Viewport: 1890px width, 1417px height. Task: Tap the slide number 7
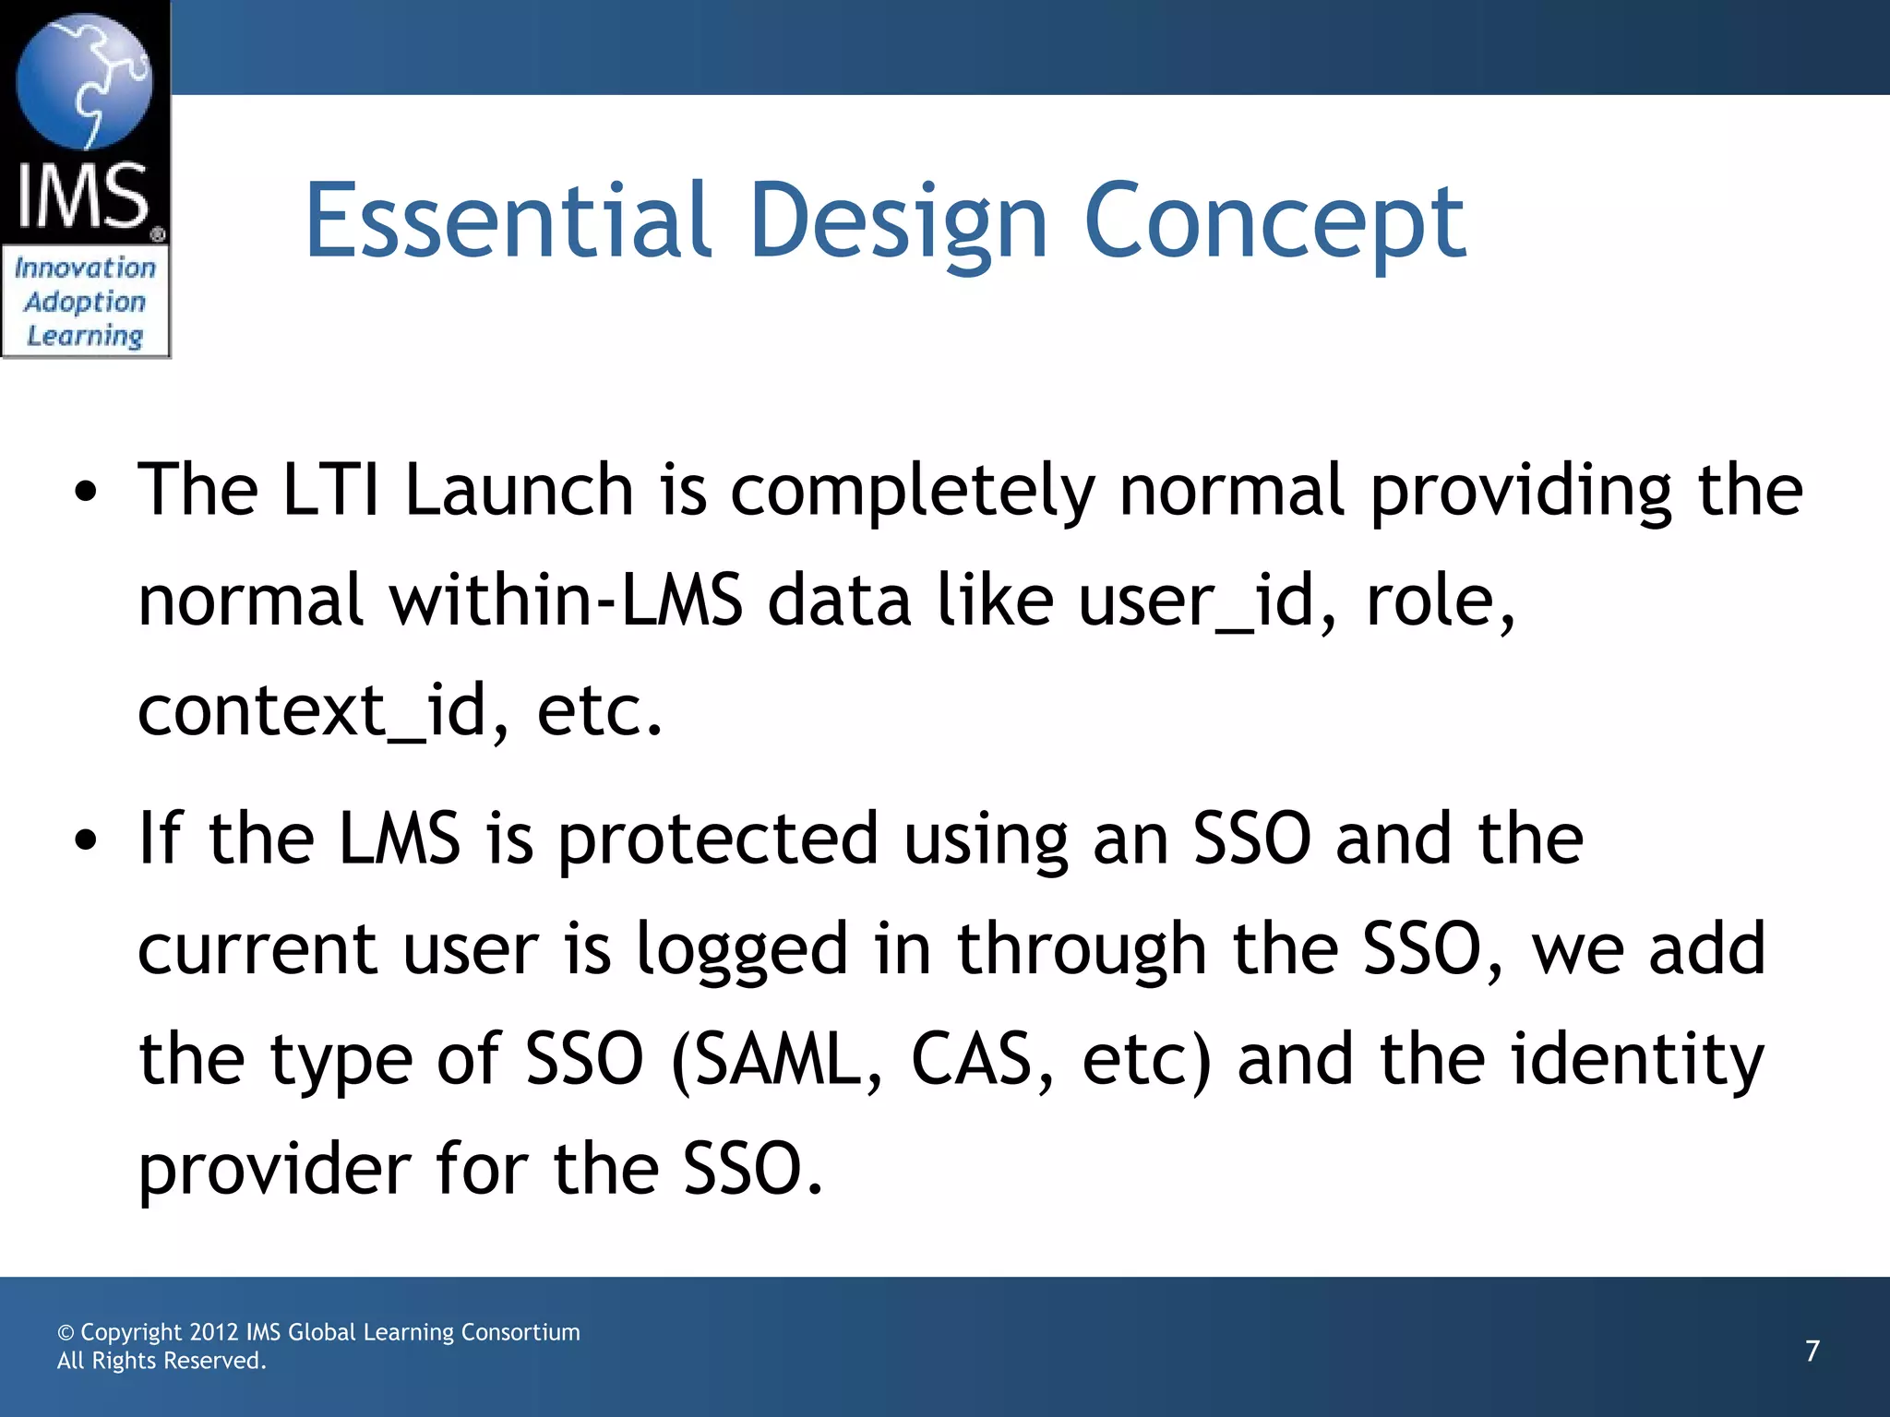pyautogui.click(x=1812, y=1351)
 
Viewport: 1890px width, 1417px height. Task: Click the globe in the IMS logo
pyautogui.click(x=85, y=81)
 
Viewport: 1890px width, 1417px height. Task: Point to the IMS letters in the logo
pyautogui.click(x=83, y=196)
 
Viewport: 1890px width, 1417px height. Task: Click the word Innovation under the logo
pyautogui.click(x=85, y=268)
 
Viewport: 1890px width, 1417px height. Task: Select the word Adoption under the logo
pyautogui.click(x=85, y=302)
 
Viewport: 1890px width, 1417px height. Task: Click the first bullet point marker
pyautogui.click(x=86, y=493)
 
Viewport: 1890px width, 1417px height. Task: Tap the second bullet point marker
pyautogui.click(x=86, y=841)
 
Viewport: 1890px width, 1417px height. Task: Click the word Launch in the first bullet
pyautogui.click(x=519, y=489)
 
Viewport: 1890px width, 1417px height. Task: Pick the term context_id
pyautogui.click(x=312, y=710)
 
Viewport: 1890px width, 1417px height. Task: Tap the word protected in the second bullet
pyautogui.click(x=718, y=839)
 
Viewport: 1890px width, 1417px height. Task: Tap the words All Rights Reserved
pyautogui.click(x=161, y=1361)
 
